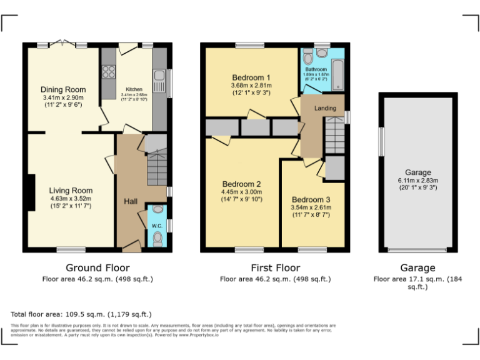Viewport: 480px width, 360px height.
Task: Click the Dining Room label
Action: pos(62,89)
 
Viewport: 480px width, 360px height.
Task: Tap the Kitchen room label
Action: pos(134,89)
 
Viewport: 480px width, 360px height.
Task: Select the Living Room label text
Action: pos(71,191)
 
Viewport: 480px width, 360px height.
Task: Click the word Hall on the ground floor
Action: pos(131,201)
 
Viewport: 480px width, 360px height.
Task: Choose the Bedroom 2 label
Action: pos(241,184)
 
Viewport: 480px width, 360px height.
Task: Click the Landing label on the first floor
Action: pos(325,108)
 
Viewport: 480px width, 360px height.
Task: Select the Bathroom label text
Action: pos(316,69)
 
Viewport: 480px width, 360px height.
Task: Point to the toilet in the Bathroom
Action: pos(307,57)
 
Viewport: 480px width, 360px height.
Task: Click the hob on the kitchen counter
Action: pos(107,64)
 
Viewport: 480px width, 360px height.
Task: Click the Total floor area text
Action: pos(81,314)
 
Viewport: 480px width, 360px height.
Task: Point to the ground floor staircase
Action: pos(156,165)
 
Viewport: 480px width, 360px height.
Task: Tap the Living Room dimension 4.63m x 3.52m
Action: pos(71,199)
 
